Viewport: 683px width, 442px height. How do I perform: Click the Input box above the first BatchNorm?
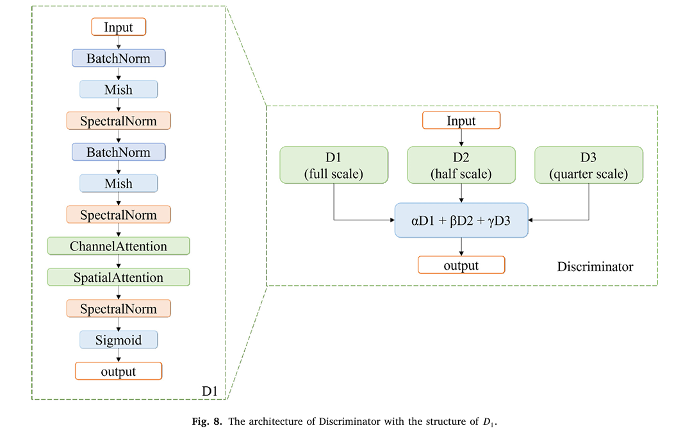click(119, 27)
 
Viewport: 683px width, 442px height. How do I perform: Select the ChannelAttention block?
click(119, 246)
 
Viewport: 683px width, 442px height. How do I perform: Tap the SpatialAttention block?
click(119, 277)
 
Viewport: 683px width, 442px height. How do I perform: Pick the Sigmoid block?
click(119, 340)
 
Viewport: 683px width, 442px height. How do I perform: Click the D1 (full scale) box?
click(333, 165)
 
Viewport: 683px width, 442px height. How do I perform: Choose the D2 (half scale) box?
click(461, 165)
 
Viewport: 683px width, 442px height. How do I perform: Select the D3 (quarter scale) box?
click(589, 165)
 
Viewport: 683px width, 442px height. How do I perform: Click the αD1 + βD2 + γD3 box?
click(461, 220)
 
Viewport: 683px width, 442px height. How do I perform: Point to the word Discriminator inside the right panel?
click(595, 266)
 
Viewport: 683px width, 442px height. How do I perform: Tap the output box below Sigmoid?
click(119, 371)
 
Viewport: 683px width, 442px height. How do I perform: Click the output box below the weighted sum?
click(461, 265)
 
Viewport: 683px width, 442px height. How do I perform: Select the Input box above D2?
click(461, 120)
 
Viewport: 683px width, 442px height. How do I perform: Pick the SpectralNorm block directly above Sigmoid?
click(119, 309)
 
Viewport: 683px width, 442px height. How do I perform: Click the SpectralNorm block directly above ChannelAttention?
click(119, 215)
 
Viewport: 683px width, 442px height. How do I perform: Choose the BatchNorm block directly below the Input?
click(119, 58)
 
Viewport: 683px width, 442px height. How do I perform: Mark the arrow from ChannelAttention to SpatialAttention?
click(119, 262)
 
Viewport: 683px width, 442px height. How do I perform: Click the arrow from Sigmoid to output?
click(119, 356)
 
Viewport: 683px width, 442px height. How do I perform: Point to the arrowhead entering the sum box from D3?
click(532, 220)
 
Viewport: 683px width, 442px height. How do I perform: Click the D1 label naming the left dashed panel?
click(211, 390)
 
